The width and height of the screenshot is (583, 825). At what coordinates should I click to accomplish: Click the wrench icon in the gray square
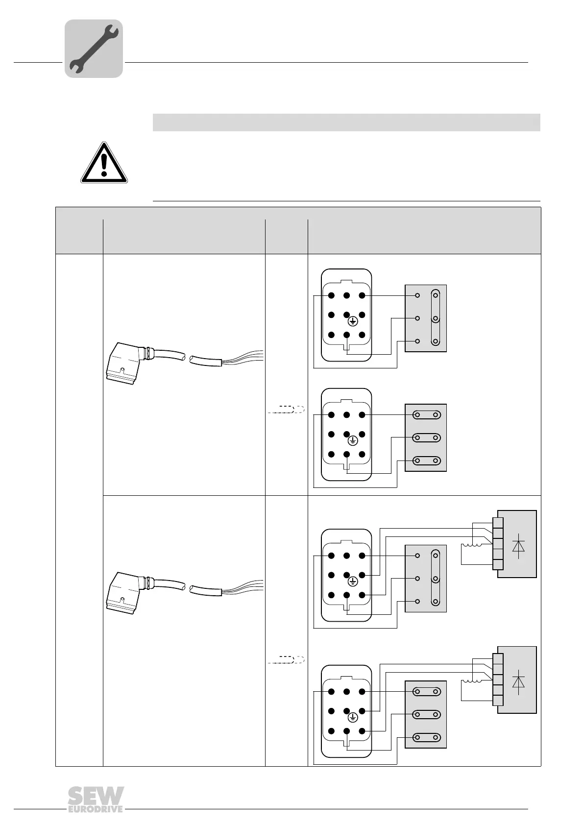[x=94, y=49]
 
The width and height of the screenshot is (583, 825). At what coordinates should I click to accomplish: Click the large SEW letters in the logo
[x=96, y=796]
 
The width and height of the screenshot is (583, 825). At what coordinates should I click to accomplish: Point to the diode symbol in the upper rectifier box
[x=518, y=545]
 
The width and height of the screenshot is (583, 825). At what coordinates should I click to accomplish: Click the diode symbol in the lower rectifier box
[x=518, y=681]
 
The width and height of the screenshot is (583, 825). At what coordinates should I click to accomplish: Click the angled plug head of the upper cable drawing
[x=123, y=363]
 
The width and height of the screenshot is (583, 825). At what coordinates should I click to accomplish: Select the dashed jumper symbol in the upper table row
[x=287, y=410]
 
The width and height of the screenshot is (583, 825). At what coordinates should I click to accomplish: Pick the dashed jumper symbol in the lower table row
[x=287, y=659]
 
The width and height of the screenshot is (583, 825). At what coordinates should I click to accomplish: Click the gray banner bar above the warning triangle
[x=346, y=122]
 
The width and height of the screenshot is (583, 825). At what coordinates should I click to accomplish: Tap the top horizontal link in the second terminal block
[x=426, y=415]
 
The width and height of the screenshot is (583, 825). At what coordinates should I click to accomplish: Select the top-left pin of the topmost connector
[x=331, y=295]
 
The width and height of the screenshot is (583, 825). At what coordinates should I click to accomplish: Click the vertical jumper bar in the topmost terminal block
[x=435, y=318]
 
